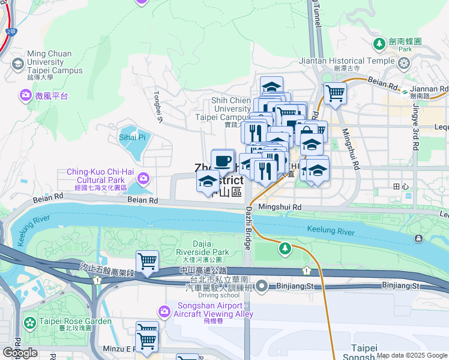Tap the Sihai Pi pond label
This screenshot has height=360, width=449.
(132, 137)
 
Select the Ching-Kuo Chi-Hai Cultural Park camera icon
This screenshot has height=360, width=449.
(143, 178)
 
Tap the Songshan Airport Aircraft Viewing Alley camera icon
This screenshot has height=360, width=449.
(164, 311)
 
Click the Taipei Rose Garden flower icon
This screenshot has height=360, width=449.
(29, 322)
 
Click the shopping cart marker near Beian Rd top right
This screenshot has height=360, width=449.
(335, 93)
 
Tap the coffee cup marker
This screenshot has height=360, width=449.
(223, 161)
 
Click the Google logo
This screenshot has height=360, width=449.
(20, 353)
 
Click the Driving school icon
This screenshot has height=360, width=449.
(261, 286)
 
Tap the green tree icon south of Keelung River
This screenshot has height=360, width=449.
(285, 247)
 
